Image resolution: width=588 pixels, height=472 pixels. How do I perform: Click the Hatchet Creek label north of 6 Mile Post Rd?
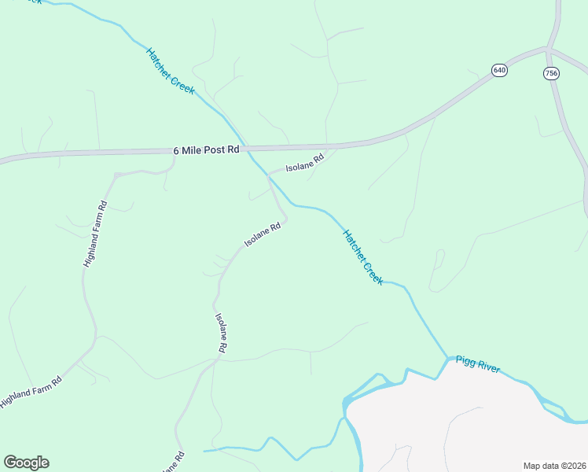click(170, 72)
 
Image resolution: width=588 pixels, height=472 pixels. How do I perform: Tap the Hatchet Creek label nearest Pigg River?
click(362, 257)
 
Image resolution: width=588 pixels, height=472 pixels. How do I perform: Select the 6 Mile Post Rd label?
click(205, 149)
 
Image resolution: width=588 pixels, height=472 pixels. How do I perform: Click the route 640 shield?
click(500, 71)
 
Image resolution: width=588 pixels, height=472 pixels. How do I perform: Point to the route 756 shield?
click(551, 73)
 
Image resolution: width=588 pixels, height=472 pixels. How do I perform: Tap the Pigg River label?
click(478, 367)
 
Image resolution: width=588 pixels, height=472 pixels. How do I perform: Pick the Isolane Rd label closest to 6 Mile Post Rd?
click(304, 164)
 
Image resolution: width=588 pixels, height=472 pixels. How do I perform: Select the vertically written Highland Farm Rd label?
click(94, 234)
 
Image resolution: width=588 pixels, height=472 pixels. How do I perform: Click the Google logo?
click(26, 463)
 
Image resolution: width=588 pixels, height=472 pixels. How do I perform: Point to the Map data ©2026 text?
click(554, 465)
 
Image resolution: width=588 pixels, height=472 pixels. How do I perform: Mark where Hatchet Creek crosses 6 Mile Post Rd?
click(246, 148)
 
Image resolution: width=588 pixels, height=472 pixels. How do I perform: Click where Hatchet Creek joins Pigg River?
click(448, 359)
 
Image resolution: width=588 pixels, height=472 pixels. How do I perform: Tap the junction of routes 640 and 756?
click(548, 50)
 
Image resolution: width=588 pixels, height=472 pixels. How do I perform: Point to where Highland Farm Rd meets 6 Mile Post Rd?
click(174, 152)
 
